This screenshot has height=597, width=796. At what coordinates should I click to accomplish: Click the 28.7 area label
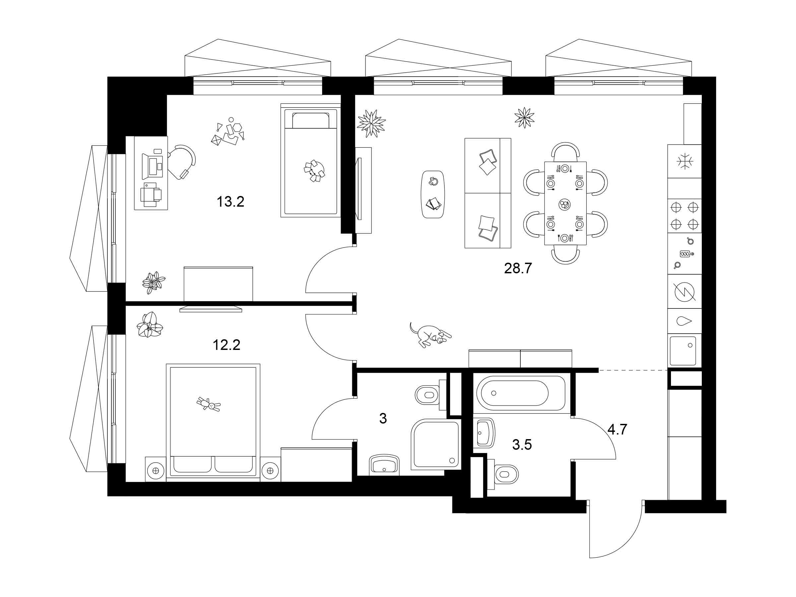tap(518, 268)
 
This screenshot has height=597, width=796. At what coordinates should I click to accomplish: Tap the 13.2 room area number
tap(230, 202)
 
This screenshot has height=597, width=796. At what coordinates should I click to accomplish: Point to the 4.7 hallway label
tap(617, 429)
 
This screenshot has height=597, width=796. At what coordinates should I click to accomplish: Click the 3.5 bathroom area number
tap(522, 445)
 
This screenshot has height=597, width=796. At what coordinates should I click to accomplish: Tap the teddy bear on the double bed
tap(209, 405)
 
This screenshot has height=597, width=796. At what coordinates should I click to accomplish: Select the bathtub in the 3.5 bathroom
tap(521, 393)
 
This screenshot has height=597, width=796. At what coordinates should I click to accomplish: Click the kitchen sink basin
tap(683, 351)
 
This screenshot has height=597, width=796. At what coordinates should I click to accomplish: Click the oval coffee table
tap(433, 194)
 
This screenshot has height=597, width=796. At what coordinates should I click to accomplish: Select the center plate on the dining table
tap(564, 204)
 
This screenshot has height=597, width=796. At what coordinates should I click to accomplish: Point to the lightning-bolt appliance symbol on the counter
tap(685, 291)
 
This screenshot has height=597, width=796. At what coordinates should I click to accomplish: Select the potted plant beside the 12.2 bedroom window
tap(150, 325)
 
